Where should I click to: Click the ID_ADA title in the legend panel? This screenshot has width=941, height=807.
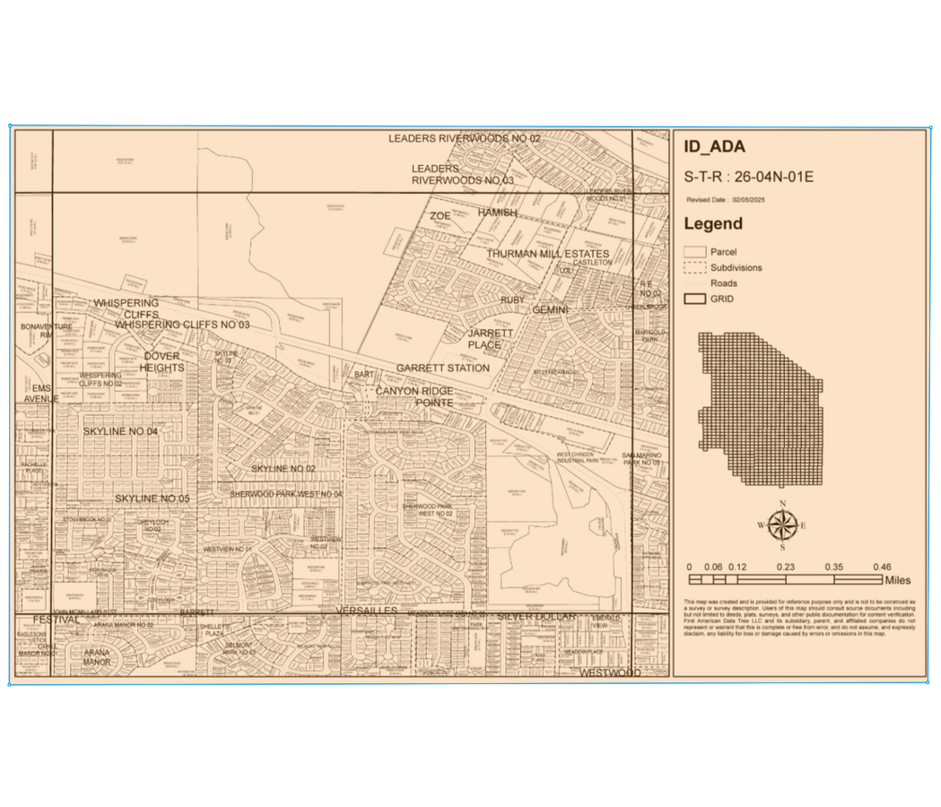pos(714,148)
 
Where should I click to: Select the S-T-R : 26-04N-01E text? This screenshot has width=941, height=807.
pos(748,176)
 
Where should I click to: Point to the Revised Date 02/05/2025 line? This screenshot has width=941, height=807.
pos(724,200)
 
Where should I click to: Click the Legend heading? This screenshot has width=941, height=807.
pos(713,223)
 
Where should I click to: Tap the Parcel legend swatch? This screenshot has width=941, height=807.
pos(694,252)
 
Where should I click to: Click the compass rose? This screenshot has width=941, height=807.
pos(782,525)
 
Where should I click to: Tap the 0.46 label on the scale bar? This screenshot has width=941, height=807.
pos(881,567)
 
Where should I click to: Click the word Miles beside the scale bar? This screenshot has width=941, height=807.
pos(897,580)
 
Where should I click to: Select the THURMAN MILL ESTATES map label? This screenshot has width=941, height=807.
pos(547,254)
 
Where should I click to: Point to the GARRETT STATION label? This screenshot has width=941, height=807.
pos(443,368)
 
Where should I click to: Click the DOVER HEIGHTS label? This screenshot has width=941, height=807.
pos(162,361)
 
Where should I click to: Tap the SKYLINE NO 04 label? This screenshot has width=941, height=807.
pos(120,431)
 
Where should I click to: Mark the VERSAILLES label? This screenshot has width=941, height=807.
pos(365,610)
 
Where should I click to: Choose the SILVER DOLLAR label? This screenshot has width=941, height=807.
pos(529,616)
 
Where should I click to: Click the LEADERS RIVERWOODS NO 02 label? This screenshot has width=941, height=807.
pos(465,139)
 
